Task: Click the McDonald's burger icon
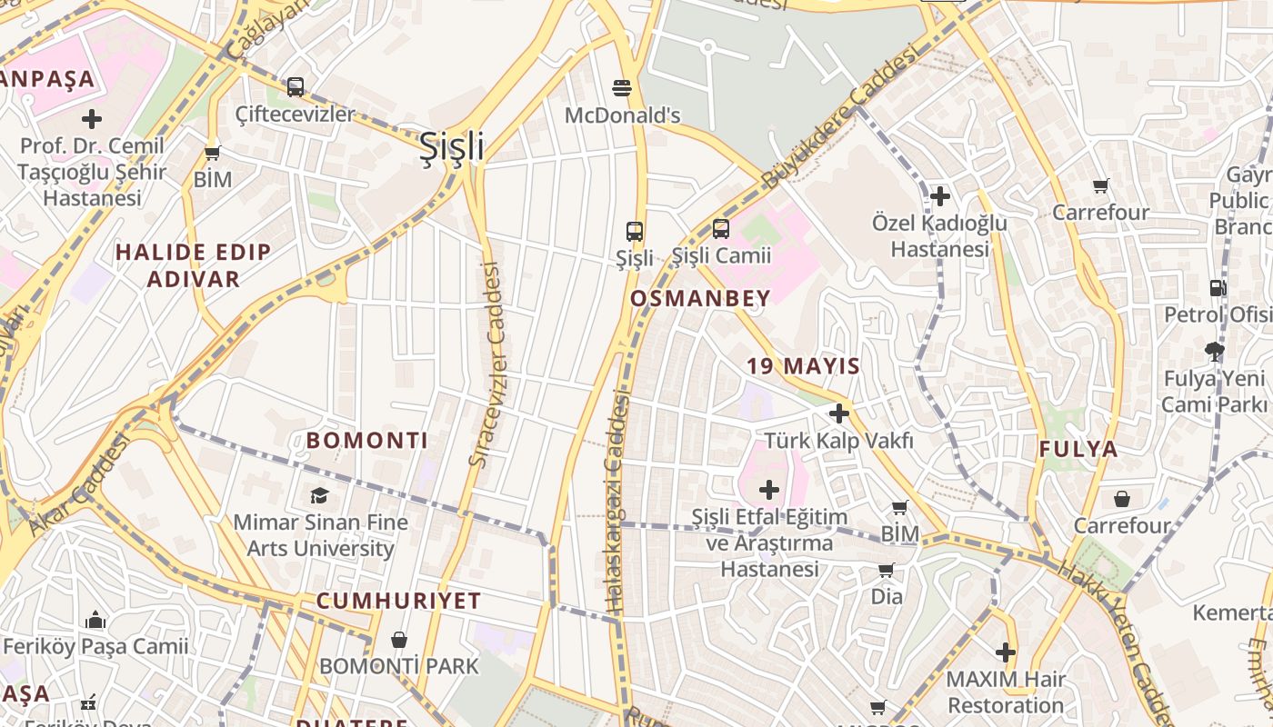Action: [x=622, y=88]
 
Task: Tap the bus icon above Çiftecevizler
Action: [x=296, y=87]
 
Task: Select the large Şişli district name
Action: [x=451, y=146]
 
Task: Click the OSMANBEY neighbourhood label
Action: [x=700, y=298]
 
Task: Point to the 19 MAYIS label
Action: [x=803, y=366]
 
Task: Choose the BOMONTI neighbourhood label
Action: [x=366, y=441]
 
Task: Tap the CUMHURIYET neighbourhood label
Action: [x=398, y=601]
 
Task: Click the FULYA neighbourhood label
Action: [x=1078, y=449]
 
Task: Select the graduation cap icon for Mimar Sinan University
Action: [x=319, y=495]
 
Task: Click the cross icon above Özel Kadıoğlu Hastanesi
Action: [x=940, y=195]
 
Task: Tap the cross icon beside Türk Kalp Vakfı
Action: [x=838, y=414]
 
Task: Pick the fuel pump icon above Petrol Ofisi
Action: [x=1217, y=288]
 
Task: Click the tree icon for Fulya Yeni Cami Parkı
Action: [x=1214, y=351]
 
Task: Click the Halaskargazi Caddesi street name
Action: [x=616, y=500]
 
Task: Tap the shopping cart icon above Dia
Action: [x=887, y=570]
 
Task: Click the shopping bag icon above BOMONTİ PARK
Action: [x=398, y=640]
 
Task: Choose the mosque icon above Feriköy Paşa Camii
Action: [x=95, y=621]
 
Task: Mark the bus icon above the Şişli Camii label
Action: [x=721, y=229]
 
